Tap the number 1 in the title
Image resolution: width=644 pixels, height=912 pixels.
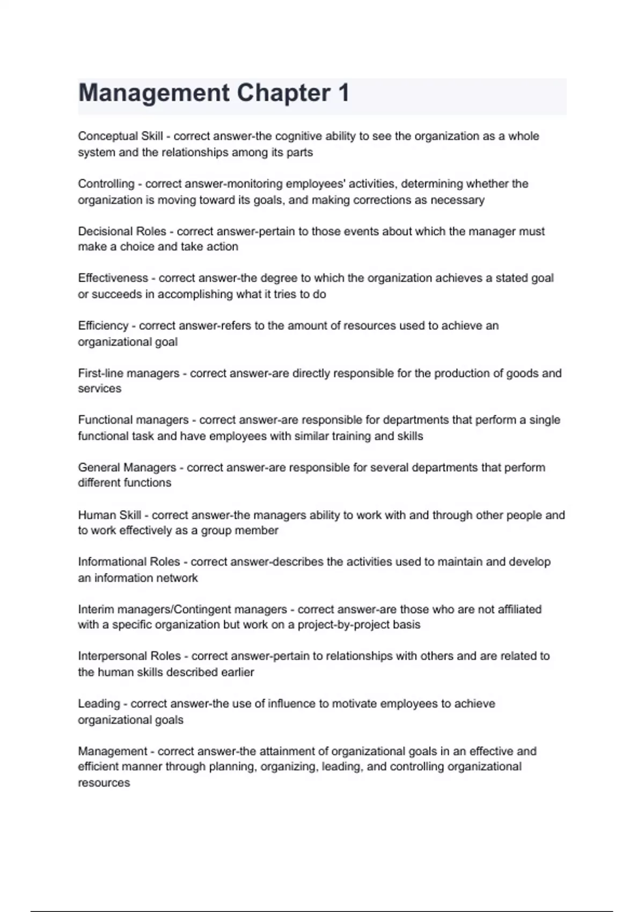pyautogui.click(x=343, y=93)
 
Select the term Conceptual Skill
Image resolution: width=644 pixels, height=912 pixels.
pyautogui.click(x=120, y=136)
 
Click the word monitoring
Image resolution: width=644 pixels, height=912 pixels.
pyautogui.click(x=255, y=184)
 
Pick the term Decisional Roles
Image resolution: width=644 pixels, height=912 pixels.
pyautogui.click(x=122, y=231)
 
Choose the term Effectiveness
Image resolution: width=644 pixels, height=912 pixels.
pyautogui.click(x=113, y=278)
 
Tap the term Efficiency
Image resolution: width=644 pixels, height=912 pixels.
pyautogui.click(x=103, y=326)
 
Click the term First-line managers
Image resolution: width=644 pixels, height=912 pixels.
pyautogui.click(x=129, y=373)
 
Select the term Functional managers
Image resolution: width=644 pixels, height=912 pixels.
pyautogui.click(x=133, y=420)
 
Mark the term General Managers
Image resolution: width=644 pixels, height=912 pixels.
pyautogui.click(x=127, y=467)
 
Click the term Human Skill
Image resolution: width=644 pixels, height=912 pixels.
pyautogui.click(x=109, y=515)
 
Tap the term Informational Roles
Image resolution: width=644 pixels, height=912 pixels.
pyautogui.click(x=129, y=562)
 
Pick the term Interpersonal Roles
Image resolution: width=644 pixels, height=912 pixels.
pyautogui.click(x=129, y=656)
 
